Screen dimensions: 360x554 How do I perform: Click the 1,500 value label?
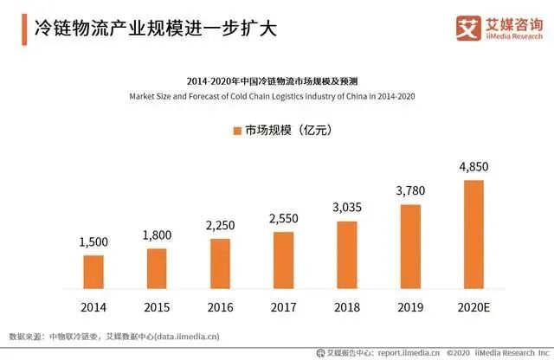point(94,243)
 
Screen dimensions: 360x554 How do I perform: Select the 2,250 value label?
point(220,226)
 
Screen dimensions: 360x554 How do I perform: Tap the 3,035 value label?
point(346,209)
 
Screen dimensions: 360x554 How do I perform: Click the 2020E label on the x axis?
point(473,307)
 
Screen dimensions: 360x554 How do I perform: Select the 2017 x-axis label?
point(283,307)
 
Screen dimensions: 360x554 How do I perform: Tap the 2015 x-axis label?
point(157,307)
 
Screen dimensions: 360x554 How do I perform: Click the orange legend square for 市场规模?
point(235,131)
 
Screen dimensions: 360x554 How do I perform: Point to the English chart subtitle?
point(277,95)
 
